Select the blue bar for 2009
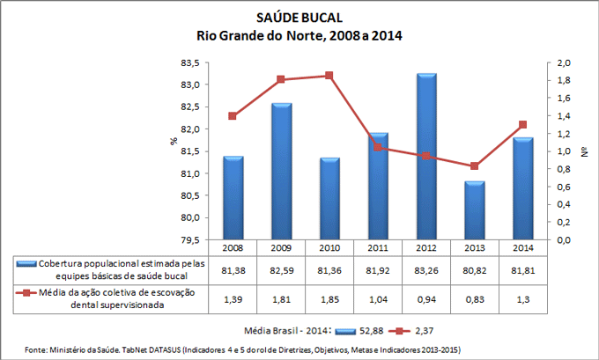click(282, 171)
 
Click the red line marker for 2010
click(329, 76)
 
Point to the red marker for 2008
click(233, 116)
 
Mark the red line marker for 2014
click(522, 124)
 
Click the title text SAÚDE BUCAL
click(299, 18)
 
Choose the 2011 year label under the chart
click(378, 247)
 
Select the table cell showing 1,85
click(329, 298)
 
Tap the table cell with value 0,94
click(426, 298)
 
